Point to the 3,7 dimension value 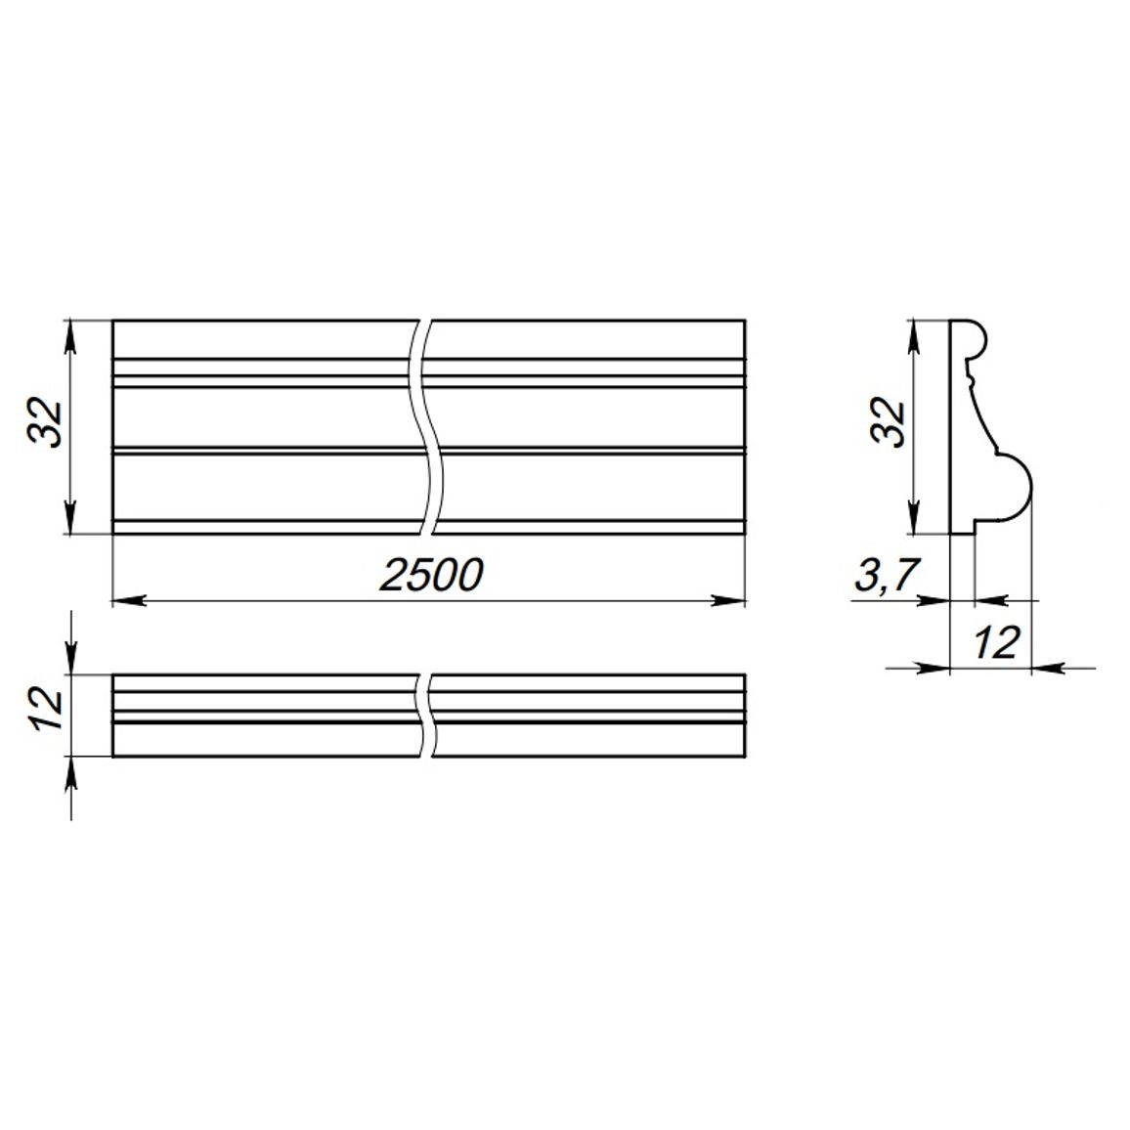point(888,575)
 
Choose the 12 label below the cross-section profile point(997,642)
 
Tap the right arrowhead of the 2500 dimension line point(728,600)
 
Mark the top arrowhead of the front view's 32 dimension point(70,336)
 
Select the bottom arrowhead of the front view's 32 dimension point(70,517)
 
